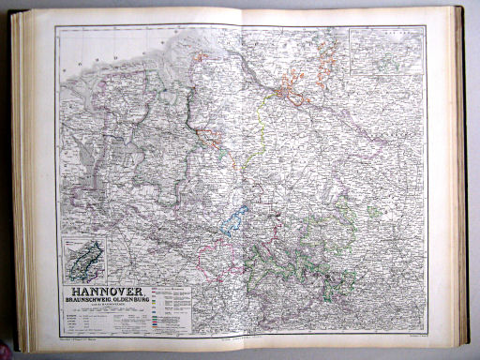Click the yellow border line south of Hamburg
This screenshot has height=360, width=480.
tap(261, 131)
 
